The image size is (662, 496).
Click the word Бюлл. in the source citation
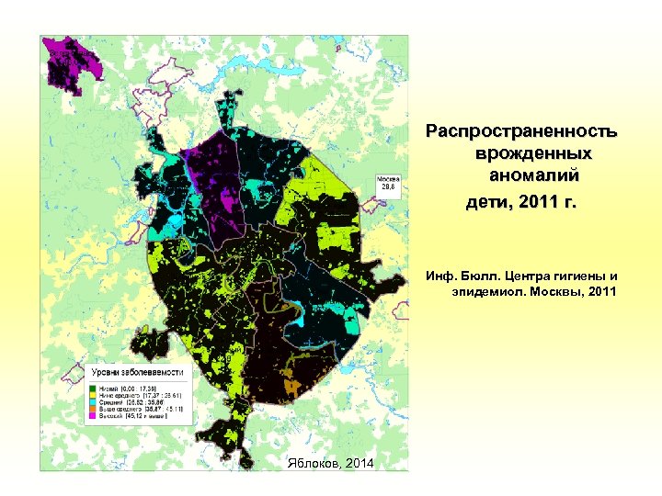tap(483, 275)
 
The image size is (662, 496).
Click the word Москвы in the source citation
tap(561, 291)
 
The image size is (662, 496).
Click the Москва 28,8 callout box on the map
tap(386, 183)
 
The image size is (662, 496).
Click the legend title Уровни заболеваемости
tap(139, 372)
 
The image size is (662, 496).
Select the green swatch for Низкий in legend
tap(93, 389)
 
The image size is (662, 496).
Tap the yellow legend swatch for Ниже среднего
tap(93, 396)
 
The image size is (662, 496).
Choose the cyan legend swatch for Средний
tap(93, 403)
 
